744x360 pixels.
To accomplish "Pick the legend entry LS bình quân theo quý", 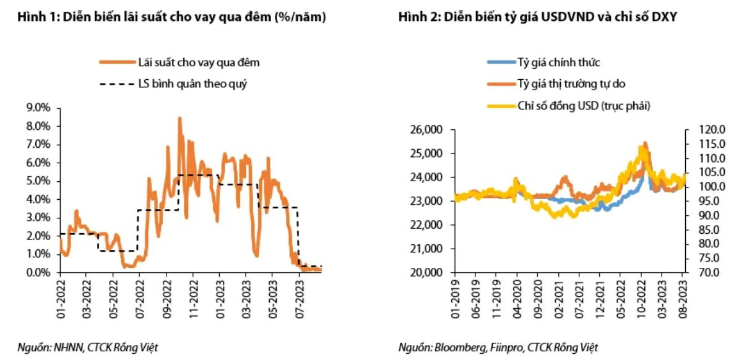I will click(x=192, y=84).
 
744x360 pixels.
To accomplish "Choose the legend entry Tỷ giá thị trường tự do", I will click(x=575, y=84).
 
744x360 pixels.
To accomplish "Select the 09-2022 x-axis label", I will click(x=167, y=299).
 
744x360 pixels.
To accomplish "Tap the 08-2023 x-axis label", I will click(x=683, y=299).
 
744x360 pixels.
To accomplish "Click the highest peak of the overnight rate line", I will click(x=180, y=118).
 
